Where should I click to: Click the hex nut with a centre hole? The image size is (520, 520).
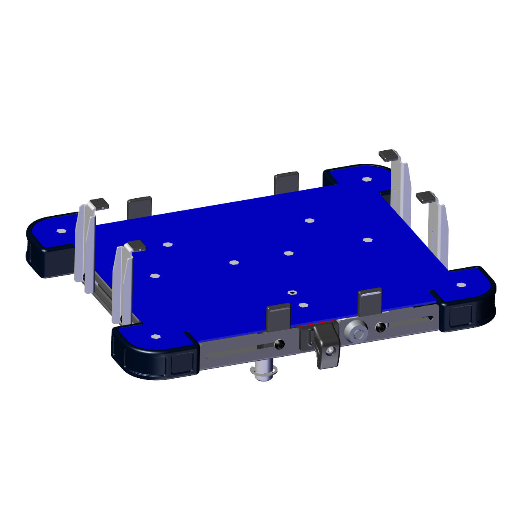coord(291,292)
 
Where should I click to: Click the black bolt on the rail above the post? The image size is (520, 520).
coord(279,344)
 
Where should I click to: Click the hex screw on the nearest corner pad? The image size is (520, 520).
coord(154,336)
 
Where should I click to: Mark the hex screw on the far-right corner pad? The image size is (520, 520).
coord(460,285)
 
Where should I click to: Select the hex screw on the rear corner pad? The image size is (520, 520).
coord(367,179)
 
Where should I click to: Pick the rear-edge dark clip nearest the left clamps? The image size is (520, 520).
coord(139,208)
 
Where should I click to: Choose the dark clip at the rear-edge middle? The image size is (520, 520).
coord(286,183)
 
